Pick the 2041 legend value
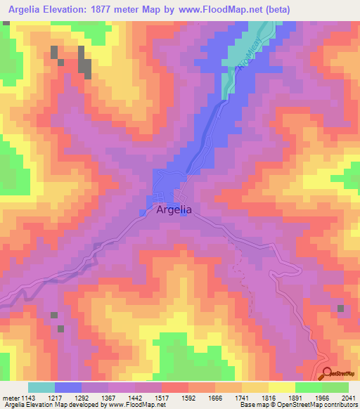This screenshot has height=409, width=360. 348,398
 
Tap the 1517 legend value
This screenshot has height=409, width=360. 161,398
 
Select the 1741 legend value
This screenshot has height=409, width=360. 241,398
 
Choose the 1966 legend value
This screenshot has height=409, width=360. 321,398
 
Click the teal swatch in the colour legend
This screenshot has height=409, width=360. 41,387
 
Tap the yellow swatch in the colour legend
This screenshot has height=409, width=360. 281,387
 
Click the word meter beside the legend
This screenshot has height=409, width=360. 9,398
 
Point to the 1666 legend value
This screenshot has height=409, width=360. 214,398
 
